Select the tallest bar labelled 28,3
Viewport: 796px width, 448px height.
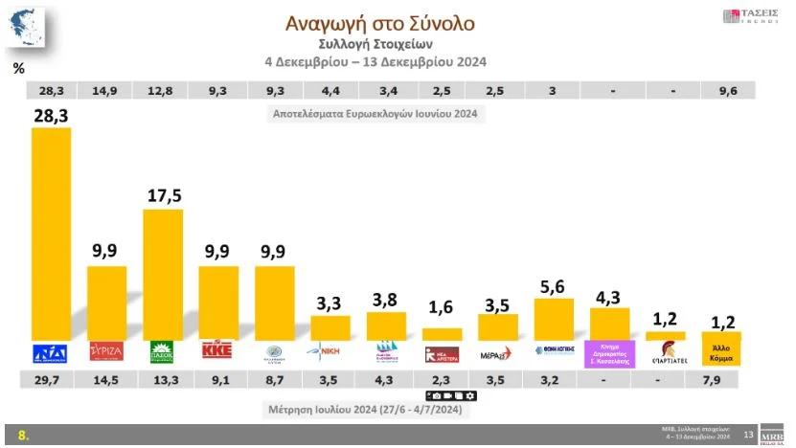51,234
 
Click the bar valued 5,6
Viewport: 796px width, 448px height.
553,320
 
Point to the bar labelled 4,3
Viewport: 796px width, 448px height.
609,324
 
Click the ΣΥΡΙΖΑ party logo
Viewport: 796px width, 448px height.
106,351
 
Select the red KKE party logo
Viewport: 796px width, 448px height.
218,351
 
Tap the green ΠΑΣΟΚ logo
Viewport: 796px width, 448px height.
163,351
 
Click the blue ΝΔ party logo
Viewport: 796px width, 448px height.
51,351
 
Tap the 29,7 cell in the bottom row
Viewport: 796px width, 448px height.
51,380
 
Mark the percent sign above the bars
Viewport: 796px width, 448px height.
18,68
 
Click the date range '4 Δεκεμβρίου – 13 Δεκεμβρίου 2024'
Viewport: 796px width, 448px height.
375,61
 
